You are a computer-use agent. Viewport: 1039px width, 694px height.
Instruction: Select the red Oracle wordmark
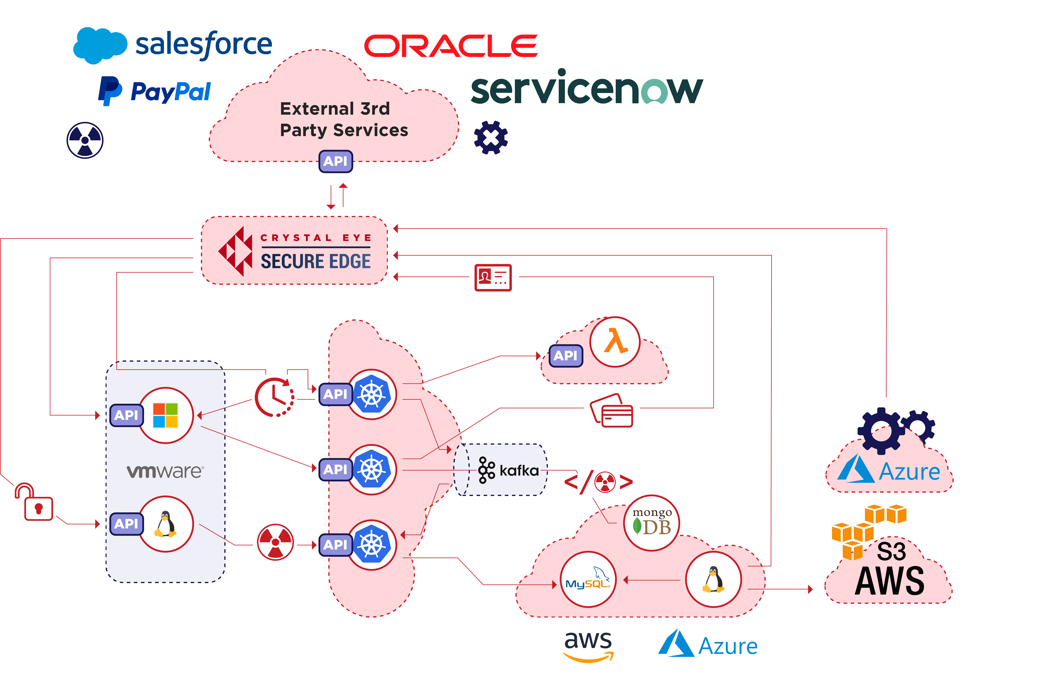tap(450, 46)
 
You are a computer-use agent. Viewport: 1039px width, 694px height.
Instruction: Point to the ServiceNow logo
tap(586, 88)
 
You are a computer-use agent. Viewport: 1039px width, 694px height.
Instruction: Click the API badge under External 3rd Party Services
tap(335, 161)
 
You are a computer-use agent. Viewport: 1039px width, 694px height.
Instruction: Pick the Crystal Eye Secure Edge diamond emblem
tap(235, 251)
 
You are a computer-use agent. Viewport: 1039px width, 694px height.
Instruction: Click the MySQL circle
tap(588, 579)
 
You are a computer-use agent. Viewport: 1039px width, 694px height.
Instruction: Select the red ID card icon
tap(492, 277)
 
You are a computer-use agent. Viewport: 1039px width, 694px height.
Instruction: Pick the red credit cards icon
tap(612, 410)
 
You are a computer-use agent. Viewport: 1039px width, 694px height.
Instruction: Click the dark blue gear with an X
tap(491, 138)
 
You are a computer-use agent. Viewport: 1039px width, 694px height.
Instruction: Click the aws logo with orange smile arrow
tap(588, 646)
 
